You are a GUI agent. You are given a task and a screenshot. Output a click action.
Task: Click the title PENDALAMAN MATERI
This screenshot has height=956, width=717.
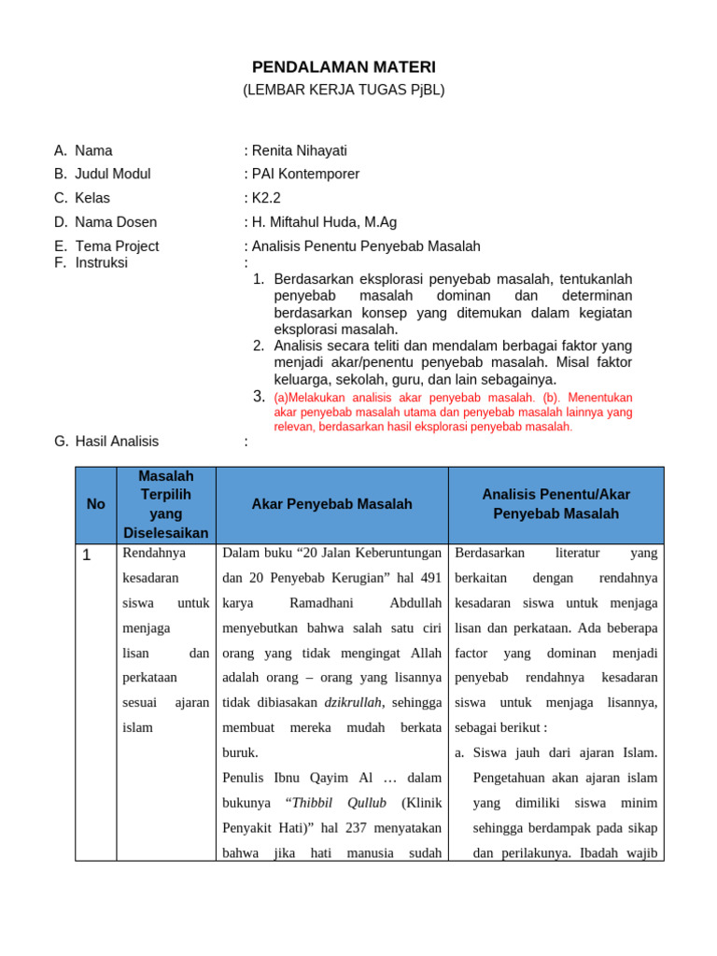tap(344, 67)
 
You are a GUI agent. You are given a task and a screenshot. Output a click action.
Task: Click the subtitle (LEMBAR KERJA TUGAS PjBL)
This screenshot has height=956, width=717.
tap(344, 90)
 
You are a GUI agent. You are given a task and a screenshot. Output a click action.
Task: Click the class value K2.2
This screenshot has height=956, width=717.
tap(266, 198)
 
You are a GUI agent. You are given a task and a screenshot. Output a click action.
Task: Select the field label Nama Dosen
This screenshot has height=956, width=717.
tap(116, 222)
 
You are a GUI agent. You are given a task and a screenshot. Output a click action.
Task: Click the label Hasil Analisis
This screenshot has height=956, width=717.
tap(117, 442)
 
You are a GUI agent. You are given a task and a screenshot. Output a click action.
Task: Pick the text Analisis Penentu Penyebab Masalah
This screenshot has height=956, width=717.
tap(366, 246)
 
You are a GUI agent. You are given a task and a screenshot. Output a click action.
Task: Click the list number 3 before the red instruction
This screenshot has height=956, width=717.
tap(260, 397)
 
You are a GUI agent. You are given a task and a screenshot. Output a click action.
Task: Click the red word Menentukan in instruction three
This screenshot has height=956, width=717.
tap(599, 397)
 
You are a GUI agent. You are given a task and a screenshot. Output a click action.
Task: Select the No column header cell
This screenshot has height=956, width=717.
tap(95, 504)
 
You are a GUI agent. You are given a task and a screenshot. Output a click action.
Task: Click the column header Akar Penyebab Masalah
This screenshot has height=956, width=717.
tap(331, 504)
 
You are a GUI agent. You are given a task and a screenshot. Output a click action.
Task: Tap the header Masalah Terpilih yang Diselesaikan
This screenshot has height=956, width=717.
tap(165, 504)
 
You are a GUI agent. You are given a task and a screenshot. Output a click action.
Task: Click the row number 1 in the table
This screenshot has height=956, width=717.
tap(87, 555)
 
